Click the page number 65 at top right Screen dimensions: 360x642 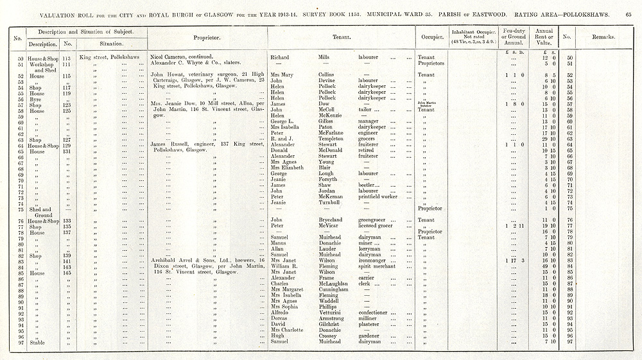(x=628, y=13)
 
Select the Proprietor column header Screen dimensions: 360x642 (x=207, y=37)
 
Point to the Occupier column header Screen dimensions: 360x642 (x=428, y=37)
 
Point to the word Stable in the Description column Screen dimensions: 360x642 (x=38, y=341)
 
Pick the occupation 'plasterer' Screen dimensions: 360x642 (x=370, y=324)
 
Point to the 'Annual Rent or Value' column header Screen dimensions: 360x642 (x=544, y=37)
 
